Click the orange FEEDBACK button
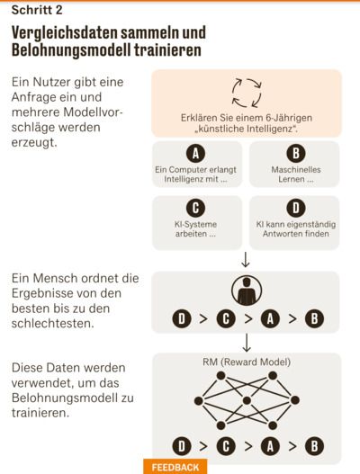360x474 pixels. [175, 467]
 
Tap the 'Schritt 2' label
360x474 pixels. [37, 10]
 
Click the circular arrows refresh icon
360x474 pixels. [247, 94]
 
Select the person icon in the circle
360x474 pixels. [247, 291]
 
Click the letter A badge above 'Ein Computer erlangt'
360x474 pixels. [195, 153]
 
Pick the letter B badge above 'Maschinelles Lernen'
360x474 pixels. [296, 153]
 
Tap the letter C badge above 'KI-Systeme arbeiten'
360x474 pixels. [195, 208]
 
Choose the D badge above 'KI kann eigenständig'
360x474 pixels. [296, 208]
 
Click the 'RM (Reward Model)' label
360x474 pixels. [247, 362]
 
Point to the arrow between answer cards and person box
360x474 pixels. [246, 259]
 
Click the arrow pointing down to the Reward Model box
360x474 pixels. [247, 343]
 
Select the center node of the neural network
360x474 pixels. [247, 401]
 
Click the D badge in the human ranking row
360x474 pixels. [182, 318]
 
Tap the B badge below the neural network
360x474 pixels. [314, 446]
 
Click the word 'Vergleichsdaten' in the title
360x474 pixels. [65, 32]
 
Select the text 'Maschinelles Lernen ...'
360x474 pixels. [296, 174]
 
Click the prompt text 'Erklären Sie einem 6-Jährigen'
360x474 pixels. [247, 118]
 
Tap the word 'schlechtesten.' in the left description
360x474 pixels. [52, 324]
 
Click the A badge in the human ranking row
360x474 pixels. [270, 318]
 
